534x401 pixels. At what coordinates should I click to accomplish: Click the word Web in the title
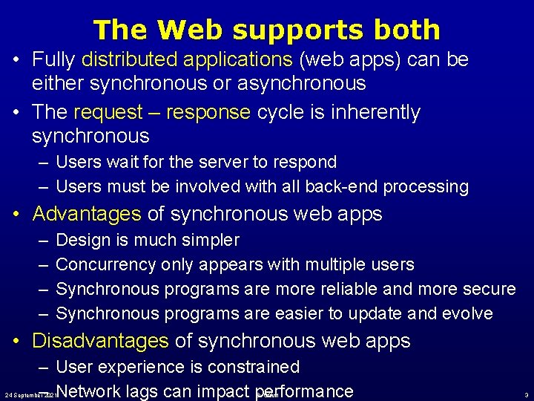[x=189, y=30]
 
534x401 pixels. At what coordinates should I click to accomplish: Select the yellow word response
[x=208, y=113]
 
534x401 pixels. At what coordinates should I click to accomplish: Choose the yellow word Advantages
[x=87, y=215]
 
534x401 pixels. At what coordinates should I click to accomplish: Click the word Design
[x=82, y=241]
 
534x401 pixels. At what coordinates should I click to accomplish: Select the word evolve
[x=467, y=313]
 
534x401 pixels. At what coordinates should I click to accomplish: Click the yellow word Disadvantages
[x=101, y=341]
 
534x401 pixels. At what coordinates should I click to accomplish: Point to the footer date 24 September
[x=26, y=395]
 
